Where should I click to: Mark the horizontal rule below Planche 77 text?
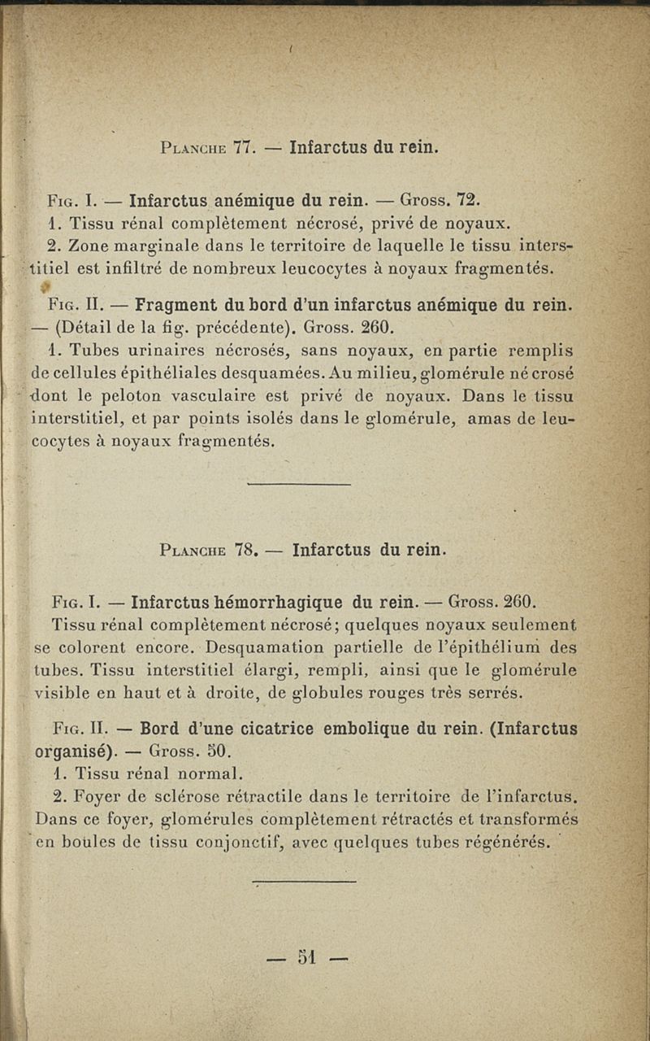(x=297, y=486)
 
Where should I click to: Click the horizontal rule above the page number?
(x=304, y=881)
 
